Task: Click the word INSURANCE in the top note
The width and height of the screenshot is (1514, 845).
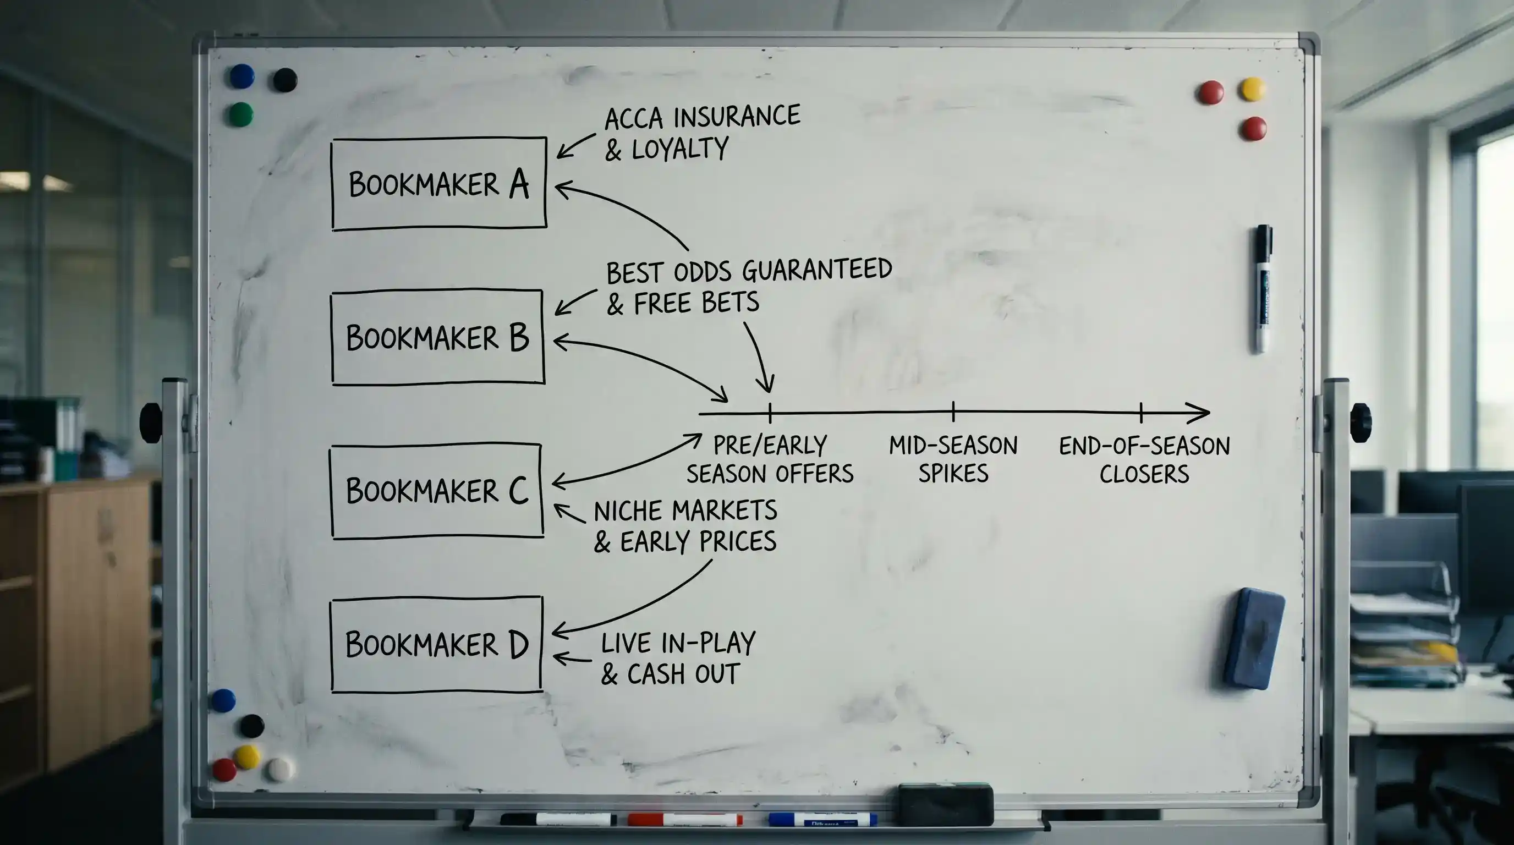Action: (x=737, y=116)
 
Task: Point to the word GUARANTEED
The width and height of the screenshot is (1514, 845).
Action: (x=817, y=270)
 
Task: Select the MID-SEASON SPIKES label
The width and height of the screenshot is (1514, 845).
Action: (x=953, y=459)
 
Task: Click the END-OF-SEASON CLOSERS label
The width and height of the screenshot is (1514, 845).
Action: (x=1144, y=459)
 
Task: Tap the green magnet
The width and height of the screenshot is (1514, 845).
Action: (x=240, y=114)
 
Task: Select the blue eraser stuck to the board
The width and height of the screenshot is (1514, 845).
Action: (x=1254, y=639)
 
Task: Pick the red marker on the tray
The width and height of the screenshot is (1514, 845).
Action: (x=685, y=819)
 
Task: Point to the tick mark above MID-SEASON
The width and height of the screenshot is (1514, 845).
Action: (x=953, y=412)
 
